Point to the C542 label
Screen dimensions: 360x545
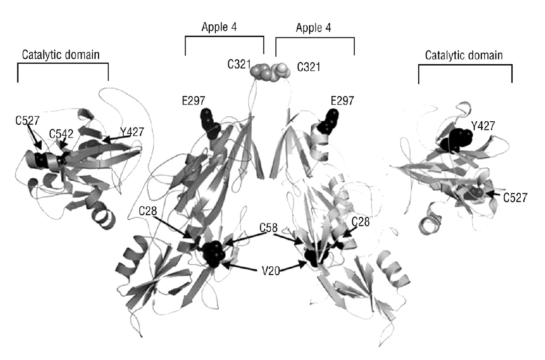tap(60, 134)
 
